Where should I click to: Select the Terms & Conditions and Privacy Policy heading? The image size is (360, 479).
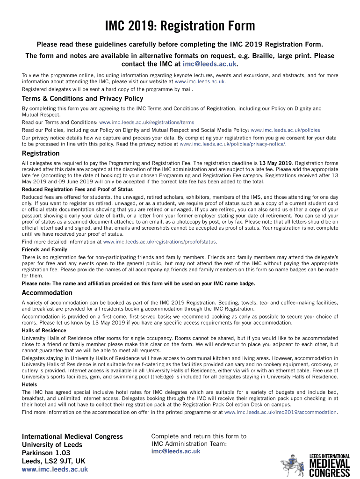pos(82,99)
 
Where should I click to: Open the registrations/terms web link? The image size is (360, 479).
pos(146,123)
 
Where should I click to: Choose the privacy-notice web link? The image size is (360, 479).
pos(232,145)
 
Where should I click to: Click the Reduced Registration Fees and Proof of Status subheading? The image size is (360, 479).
pos(77,189)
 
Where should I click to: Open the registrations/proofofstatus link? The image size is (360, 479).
pos(159,242)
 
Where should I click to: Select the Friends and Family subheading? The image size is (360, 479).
pos(44,250)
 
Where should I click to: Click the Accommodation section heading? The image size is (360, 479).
pos(47,293)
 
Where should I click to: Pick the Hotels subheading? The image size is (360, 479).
pos(29,385)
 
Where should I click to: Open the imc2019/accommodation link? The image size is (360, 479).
pos(281,412)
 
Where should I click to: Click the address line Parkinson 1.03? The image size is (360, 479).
pos(46,453)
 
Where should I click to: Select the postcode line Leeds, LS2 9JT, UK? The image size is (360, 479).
pos(54,461)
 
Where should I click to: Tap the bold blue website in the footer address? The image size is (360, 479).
pos(55,469)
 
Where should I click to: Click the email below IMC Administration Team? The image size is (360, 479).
pos(176,451)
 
